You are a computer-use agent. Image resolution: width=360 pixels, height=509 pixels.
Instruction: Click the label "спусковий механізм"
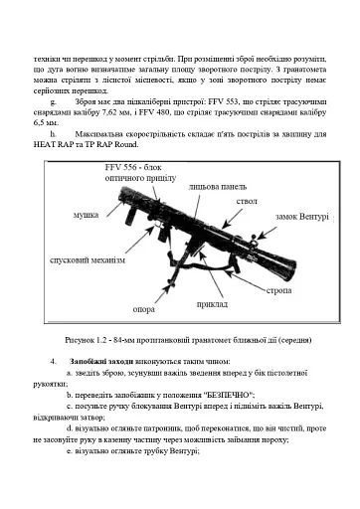point(88,259)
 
